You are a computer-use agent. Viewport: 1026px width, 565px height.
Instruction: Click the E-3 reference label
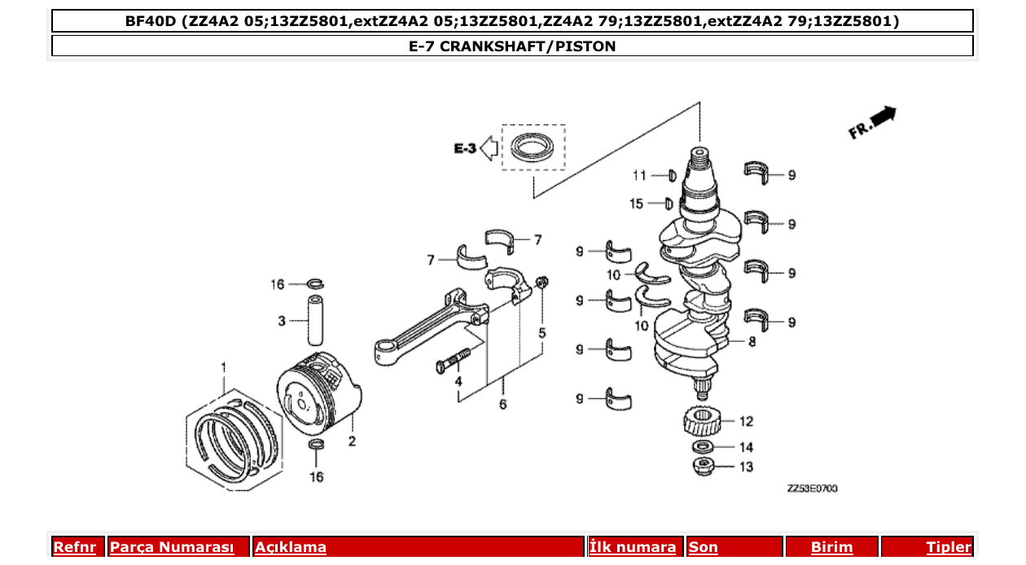465,148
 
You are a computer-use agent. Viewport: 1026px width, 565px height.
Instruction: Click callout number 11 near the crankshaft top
640,175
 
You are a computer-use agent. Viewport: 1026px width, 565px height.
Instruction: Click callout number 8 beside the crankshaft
752,342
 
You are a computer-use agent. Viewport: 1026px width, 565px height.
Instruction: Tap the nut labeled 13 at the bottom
701,466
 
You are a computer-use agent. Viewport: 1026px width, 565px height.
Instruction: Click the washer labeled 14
701,447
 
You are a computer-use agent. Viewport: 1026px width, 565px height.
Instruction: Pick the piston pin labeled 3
316,321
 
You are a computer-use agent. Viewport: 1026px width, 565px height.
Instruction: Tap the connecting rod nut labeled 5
541,283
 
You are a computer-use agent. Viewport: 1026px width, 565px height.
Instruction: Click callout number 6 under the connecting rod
502,404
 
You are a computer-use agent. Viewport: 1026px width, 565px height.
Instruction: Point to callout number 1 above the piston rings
224,369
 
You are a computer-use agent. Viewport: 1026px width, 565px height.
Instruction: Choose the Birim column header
831,547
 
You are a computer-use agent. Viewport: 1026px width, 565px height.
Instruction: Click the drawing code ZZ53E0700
812,488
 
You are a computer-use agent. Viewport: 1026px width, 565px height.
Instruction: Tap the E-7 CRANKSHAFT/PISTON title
512,46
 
